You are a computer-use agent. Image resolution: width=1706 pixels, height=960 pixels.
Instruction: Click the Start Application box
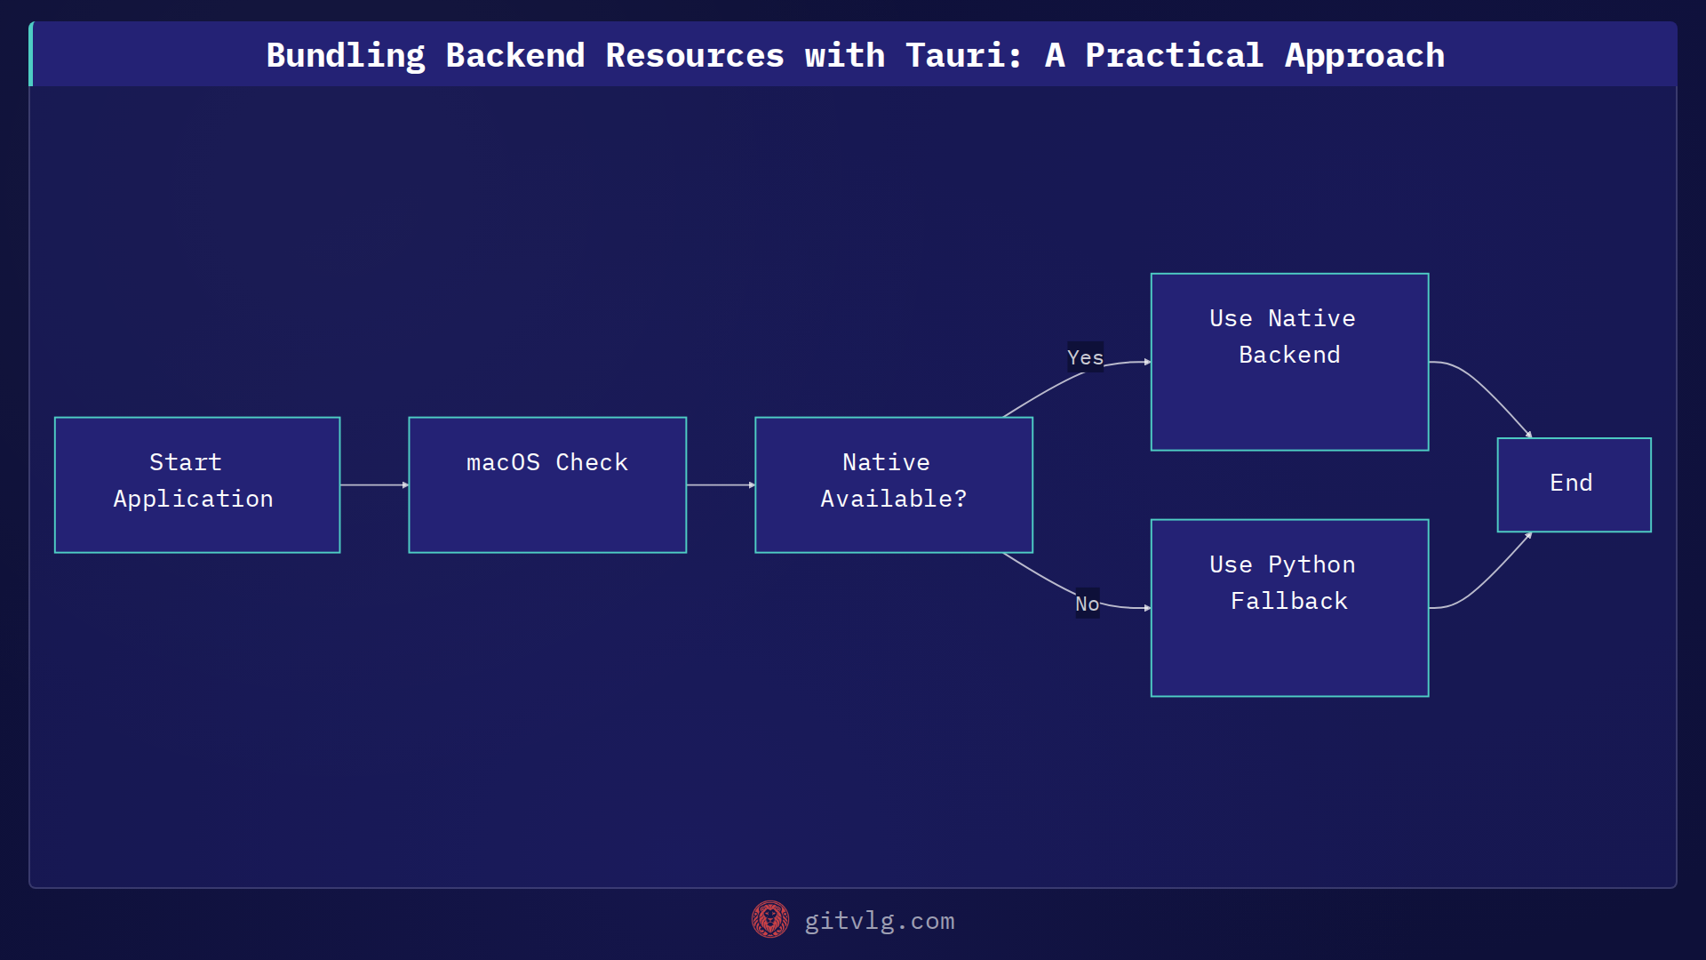[x=196, y=484]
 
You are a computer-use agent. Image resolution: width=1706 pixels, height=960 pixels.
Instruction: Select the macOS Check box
[x=546, y=484]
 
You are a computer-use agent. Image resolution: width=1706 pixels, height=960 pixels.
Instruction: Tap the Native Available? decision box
[x=893, y=484]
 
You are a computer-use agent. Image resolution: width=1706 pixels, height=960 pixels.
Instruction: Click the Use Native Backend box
[x=1288, y=361]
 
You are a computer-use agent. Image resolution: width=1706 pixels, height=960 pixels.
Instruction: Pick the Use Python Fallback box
[x=1288, y=607]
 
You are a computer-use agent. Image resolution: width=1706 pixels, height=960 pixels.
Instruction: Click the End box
[x=1573, y=484]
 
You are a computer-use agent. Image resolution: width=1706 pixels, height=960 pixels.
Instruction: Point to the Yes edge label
[x=1085, y=357]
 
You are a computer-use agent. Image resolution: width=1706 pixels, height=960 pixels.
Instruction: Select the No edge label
[x=1087, y=604]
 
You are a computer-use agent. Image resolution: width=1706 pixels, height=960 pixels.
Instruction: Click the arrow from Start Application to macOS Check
[x=373, y=484]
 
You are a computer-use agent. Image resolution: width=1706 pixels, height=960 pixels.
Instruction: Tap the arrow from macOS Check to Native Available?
[x=720, y=484]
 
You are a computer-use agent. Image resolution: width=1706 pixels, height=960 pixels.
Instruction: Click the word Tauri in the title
[x=955, y=55]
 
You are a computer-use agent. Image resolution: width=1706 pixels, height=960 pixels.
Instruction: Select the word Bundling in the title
[x=346, y=55]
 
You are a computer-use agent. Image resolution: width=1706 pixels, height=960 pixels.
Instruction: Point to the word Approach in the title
[x=1364, y=55]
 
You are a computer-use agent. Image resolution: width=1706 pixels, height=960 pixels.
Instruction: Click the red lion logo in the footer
[x=769, y=919]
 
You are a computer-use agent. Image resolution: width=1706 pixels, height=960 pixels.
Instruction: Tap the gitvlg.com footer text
[x=879, y=921]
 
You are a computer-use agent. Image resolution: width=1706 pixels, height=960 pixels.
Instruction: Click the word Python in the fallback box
[x=1311, y=564]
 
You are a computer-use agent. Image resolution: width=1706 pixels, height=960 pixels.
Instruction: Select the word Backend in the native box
[x=1288, y=355]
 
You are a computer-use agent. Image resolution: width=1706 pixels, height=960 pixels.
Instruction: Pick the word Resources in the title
[x=694, y=55]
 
